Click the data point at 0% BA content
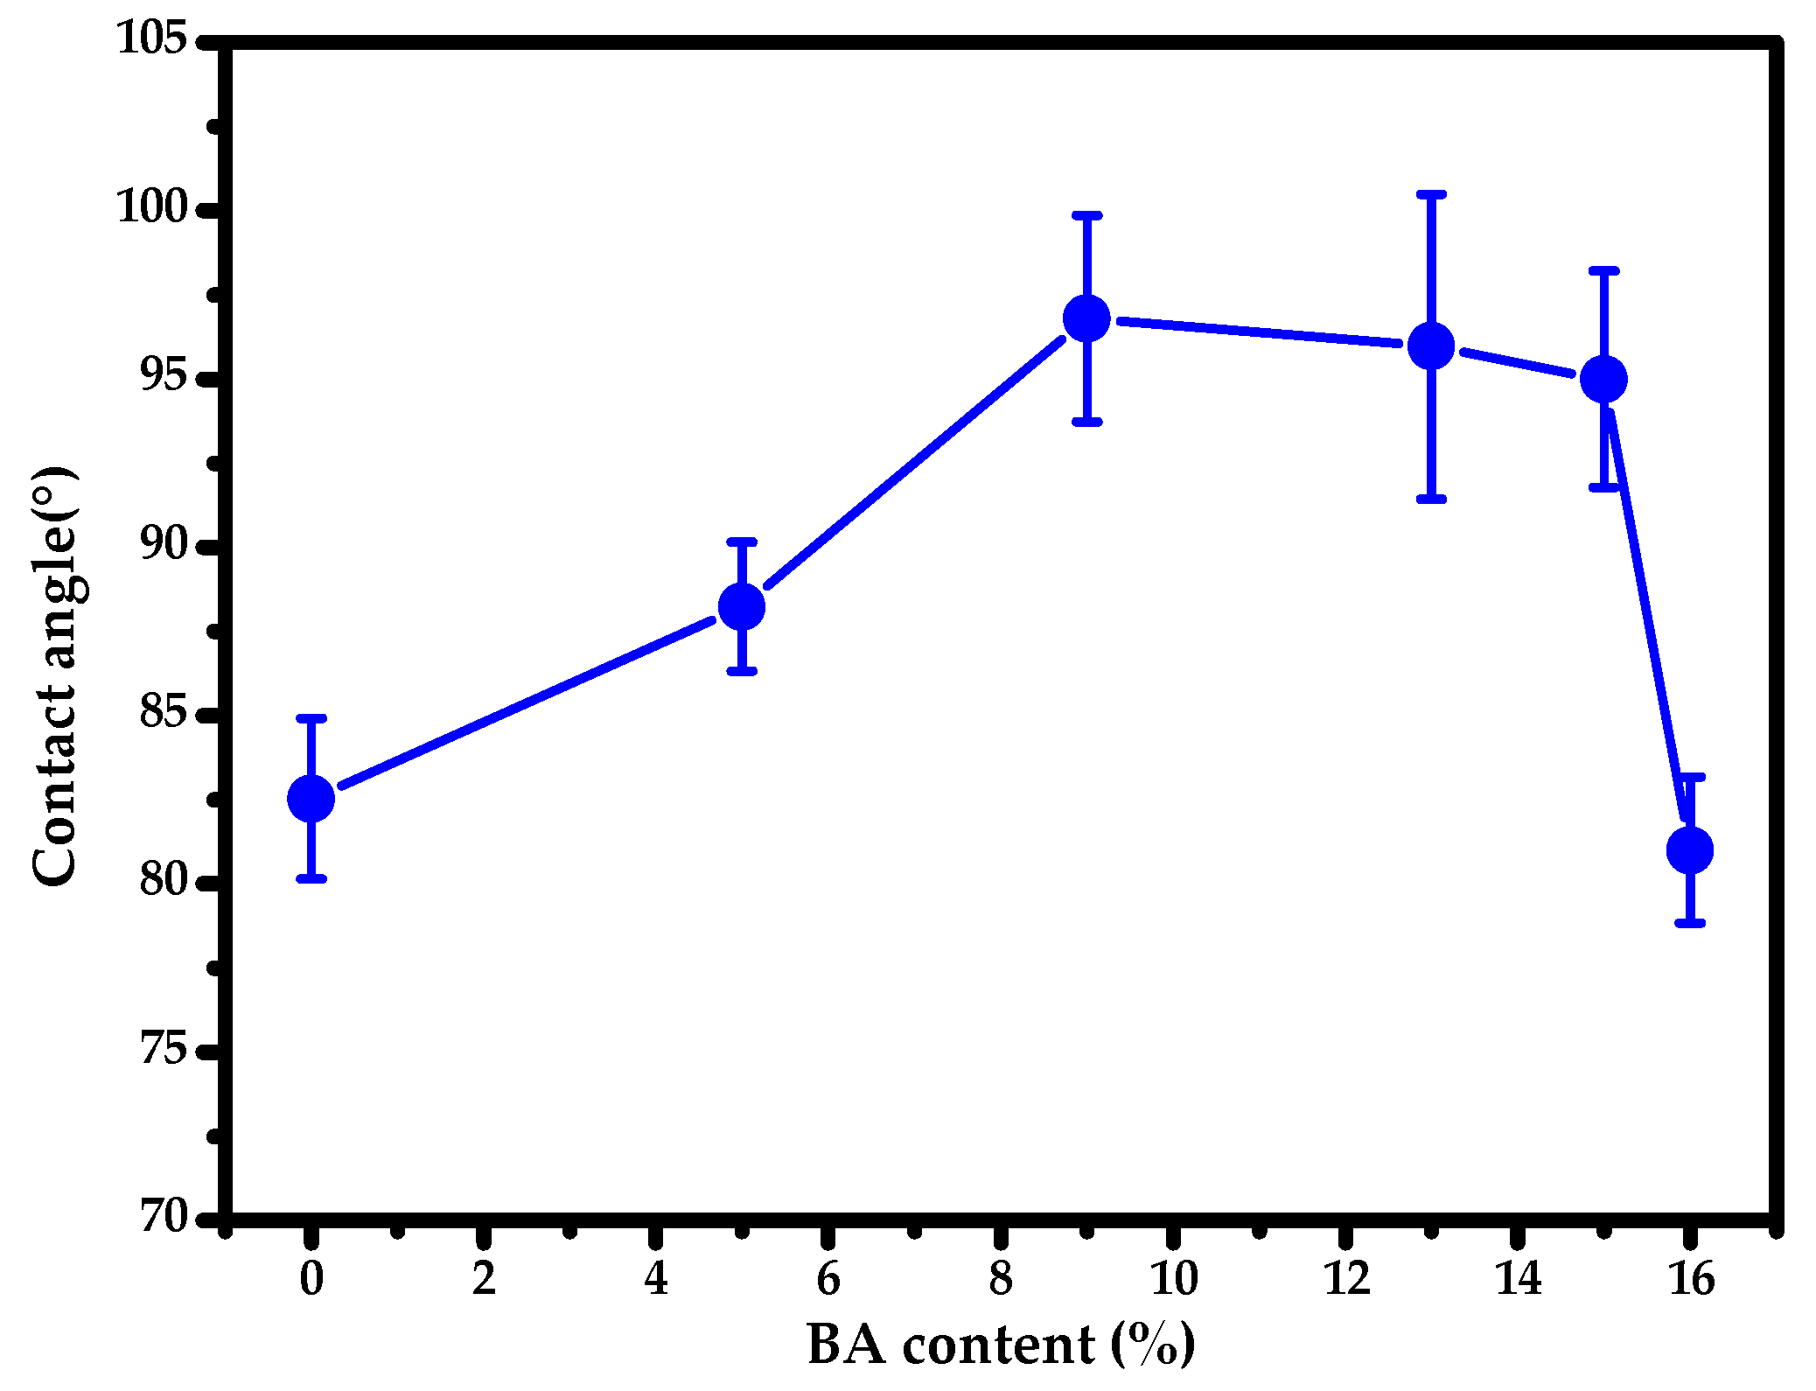point(311,798)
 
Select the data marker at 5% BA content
point(741,606)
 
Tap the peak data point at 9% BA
point(1086,318)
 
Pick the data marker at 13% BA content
point(1431,346)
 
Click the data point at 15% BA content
point(1603,379)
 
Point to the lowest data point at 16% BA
point(1689,849)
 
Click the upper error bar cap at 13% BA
point(1431,194)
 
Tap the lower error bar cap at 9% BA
point(1086,422)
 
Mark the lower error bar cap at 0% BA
point(311,878)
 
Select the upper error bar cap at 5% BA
point(741,542)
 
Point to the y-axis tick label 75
point(164,1049)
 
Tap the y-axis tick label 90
point(164,545)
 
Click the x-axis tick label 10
point(1172,1279)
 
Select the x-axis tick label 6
point(828,1279)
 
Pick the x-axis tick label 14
point(1518,1279)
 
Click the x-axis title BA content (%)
point(1000,1345)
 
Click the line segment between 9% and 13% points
point(1260,332)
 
